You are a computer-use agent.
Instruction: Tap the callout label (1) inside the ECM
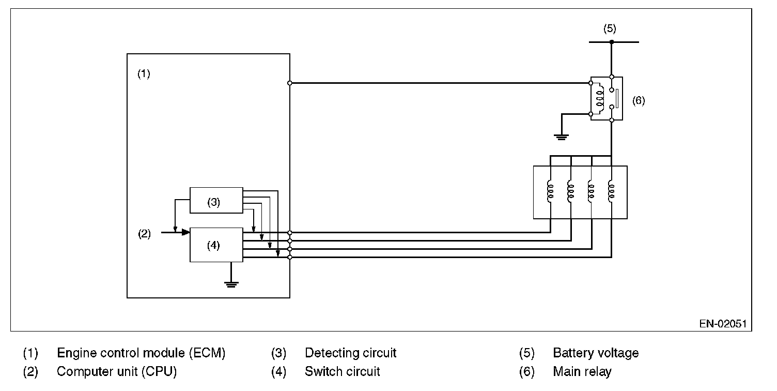tap(144, 73)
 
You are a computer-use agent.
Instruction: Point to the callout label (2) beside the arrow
tap(144, 234)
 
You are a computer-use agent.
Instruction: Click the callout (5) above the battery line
tap(610, 28)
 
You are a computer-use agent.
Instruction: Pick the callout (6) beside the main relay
tap(638, 101)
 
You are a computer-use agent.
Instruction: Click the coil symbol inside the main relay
tap(599, 99)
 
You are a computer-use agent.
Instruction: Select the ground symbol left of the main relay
tap(561, 137)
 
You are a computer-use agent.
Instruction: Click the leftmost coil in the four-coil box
tap(550, 191)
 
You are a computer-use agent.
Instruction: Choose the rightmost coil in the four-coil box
tap(611, 191)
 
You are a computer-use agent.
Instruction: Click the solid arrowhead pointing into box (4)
tap(186, 232)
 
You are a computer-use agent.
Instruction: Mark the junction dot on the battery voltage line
tap(612, 42)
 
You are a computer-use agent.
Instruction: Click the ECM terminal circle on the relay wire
tap(290, 83)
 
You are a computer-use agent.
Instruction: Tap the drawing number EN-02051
tap(723, 324)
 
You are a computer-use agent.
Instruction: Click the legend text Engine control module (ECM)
tap(141, 353)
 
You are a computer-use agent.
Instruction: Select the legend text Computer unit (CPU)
tap(117, 371)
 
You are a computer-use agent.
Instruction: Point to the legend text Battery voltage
tap(596, 353)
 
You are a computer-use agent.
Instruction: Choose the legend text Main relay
tap(582, 371)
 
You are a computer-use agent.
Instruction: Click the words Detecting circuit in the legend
tap(350, 353)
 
